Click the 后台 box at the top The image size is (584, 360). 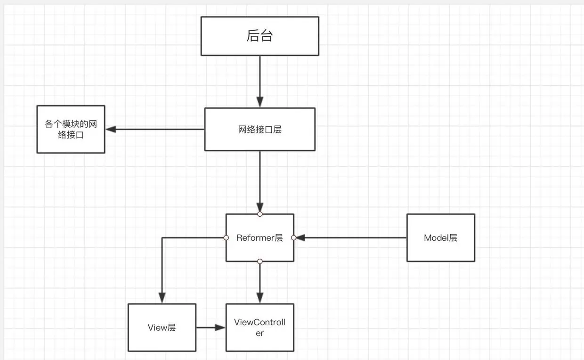click(x=260, y=36)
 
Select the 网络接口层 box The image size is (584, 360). click(x=260, y=130)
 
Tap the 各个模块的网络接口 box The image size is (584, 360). click(x=71, y=130)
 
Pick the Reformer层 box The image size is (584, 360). click(x=260, y=238)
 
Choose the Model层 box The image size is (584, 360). click(x=440, y=238)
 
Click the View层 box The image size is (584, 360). click(x=162, y=327)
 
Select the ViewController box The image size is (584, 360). click(x=260, y=327)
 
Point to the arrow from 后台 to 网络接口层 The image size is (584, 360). click(x=260, y=80)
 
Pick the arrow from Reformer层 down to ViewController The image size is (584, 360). click(x=260, y=283)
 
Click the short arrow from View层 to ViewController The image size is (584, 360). click(x=210, y=327)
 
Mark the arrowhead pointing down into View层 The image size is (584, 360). click(x=162, y=298)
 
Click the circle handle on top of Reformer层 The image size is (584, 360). click(x=260, y=214)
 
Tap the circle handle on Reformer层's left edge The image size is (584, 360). click(x=226, y=237)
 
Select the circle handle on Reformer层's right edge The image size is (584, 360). click(x=293, y=238)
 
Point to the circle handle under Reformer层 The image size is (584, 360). click(x=260, y=262)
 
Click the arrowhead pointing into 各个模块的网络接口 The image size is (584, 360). click(x=111, y=129)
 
